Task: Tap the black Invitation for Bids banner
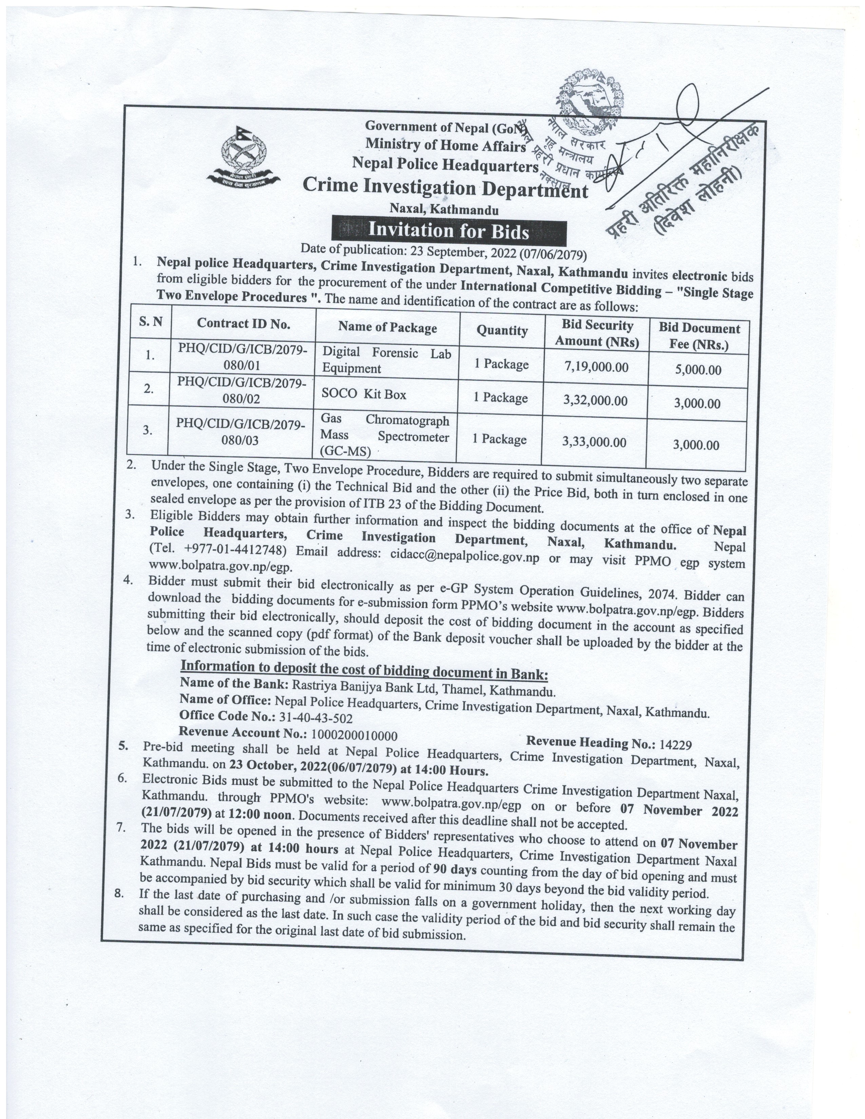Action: coord(448,231)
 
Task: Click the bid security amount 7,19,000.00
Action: coord(596,367)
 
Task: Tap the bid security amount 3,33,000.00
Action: coord(594,441)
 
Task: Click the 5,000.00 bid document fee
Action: coord(698,369)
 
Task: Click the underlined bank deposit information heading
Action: coord(364,670)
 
